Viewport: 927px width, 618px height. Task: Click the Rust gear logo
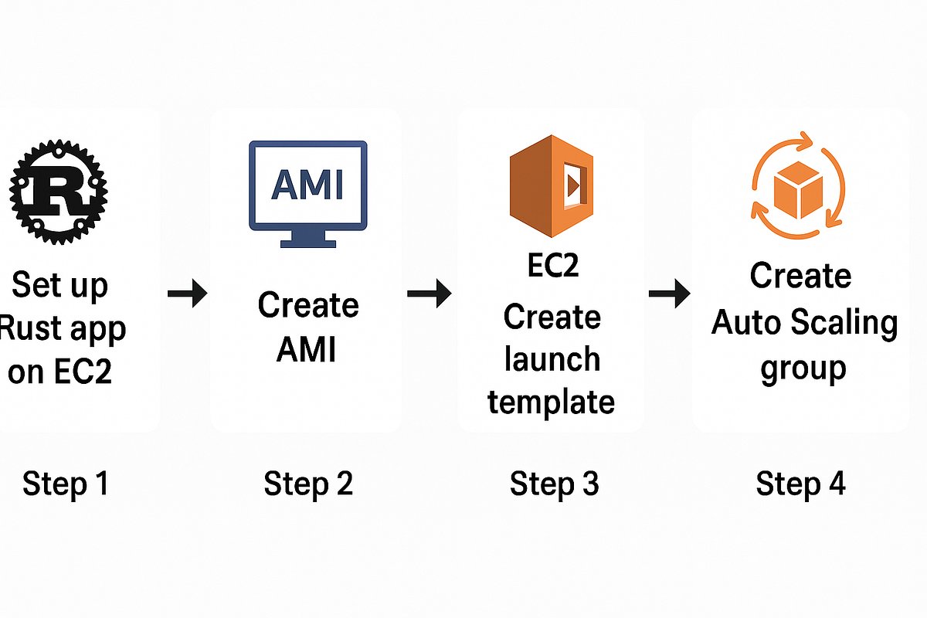pos(59,189)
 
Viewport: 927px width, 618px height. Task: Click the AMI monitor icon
pos(307,193)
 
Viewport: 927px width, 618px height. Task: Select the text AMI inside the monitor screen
pos(307,185)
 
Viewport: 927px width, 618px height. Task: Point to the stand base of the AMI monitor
pos(307,243)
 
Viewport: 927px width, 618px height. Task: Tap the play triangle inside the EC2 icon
pos(572,185)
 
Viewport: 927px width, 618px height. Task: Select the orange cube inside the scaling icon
pos(798,188)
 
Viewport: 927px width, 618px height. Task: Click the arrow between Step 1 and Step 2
pos(188,294)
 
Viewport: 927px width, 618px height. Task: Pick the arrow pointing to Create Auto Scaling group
pos(669,293)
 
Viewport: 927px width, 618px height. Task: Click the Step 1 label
pos(66,484)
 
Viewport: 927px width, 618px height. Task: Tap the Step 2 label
pos(308,484)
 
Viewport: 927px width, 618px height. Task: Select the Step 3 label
pos(554,484)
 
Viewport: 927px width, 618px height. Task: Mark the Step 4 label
pos(800,484)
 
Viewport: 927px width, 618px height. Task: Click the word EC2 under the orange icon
pos(552,267)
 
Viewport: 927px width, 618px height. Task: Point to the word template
pos(552,402)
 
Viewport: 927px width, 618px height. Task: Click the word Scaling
pos(848,323)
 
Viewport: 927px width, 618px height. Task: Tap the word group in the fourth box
pos(803,368)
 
